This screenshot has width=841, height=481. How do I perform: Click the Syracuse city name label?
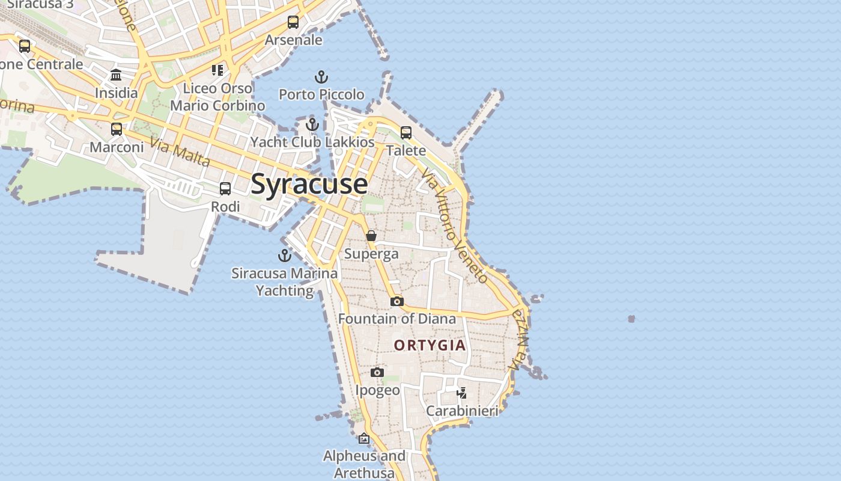(x=309, y=183)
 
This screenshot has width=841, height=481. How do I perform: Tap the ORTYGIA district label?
(x=430, y=345)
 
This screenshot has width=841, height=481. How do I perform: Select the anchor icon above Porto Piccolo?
(x=321, y=77)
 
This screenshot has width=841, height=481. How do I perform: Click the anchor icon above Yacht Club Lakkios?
(x=312, y=124)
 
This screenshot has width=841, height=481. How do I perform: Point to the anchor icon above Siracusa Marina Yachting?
(x=285, y=256)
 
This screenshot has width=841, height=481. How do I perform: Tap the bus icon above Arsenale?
(x=293, y=22)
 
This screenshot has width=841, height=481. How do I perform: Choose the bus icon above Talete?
(x=406, y=132)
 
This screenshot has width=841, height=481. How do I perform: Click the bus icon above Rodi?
(x=225, y=189)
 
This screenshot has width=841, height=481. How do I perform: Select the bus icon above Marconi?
(x=117, y=129)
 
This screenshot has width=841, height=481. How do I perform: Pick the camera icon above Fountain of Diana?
(x=396, y=301)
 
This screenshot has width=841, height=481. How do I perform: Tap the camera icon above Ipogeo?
(x=377, y=373)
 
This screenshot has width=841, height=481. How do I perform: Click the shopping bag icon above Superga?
(x=371, y=236)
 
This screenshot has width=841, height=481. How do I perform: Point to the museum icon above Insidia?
(x=116, y=75)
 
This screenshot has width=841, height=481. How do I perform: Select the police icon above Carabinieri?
(x=461, y=393)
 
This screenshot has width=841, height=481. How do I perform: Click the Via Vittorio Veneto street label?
(x=455, y=225)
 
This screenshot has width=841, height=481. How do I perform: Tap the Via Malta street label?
(x=180, y=153)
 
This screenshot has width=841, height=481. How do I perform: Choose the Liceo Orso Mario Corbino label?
(x=217, y=97)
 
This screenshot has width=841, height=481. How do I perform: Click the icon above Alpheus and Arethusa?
(x=363, y=438)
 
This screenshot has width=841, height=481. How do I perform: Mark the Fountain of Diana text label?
(x=397, y=319)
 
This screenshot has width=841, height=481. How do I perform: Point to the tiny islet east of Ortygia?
(x=631, y=319)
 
